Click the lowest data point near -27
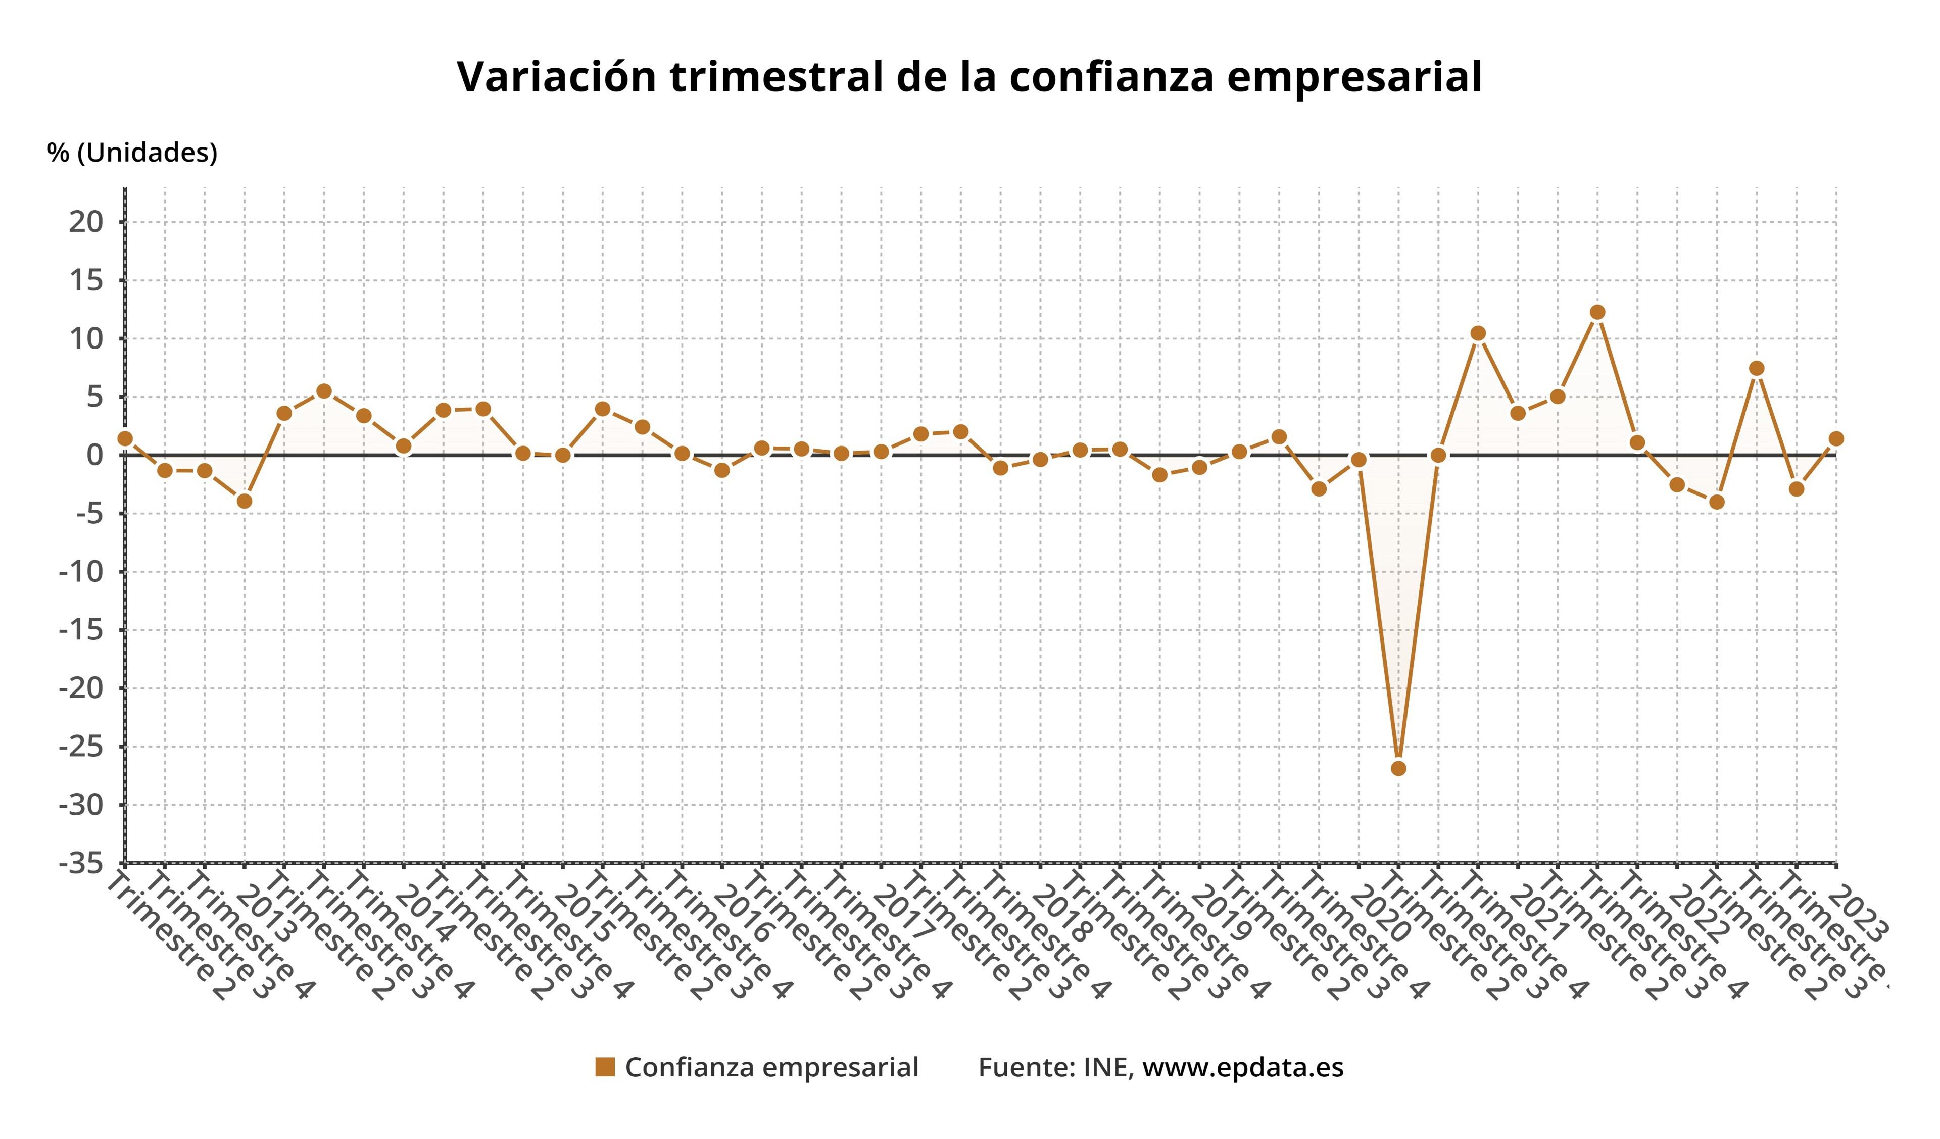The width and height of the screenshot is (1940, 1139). pos(1399,768)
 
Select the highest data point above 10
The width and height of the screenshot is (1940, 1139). pos(1597,312)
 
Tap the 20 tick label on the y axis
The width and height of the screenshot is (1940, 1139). pos(85,222)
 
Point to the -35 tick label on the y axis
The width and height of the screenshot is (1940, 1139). pos(80,864)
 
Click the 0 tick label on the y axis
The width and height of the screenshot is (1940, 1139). pos(94,455)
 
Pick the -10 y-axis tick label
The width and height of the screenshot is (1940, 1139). pos(80,572)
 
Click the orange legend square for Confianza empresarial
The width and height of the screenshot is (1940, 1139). pos(605,1067)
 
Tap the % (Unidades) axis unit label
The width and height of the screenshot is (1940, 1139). pos(132,153)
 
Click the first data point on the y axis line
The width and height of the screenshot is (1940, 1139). pos(125,438)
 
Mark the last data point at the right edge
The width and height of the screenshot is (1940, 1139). pos(1836,438)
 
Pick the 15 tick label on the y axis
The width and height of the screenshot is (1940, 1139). pos(85,280)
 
